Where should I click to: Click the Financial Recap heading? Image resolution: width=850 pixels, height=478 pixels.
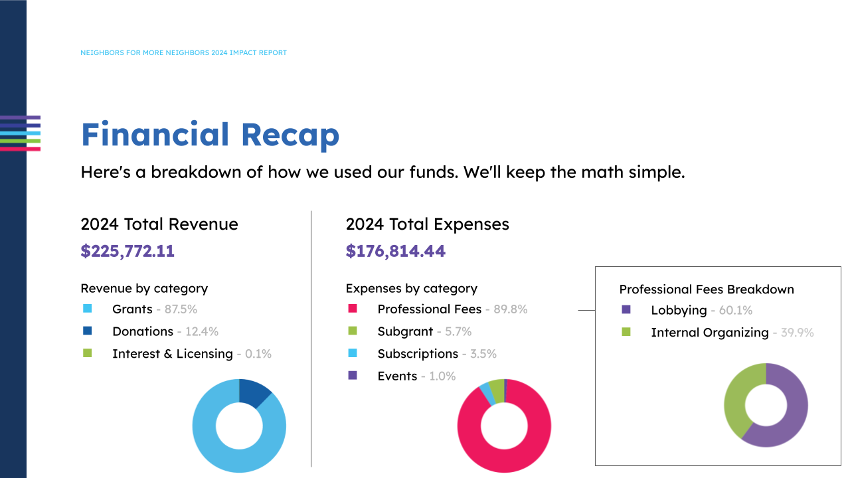tap(210, 135)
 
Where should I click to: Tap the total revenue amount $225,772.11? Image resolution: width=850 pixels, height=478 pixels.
tap(127, 251)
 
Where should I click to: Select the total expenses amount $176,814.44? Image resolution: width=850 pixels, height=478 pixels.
tap(395, 251)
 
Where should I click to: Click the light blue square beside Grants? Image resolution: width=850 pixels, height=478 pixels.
tap(87, 309)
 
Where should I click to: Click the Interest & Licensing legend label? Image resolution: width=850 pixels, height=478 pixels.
tap(172, 354)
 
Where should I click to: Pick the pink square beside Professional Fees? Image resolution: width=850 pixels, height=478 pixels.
tap(353, 309)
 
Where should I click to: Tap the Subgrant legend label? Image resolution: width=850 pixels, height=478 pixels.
tap(405, 331)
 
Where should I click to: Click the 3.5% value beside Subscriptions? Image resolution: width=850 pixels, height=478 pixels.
tap(483, 354)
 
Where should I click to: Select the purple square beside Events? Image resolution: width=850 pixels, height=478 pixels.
tap(353, 376)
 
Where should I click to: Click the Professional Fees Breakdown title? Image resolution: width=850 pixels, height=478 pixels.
tap(706, 289)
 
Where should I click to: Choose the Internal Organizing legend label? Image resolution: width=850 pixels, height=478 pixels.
tap(709, 333)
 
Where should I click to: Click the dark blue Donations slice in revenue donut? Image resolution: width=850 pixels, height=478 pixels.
tap(254, 392)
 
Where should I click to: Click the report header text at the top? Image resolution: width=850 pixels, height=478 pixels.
tap(183, 52)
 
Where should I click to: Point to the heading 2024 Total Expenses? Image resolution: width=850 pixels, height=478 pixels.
tap(427, 224)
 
